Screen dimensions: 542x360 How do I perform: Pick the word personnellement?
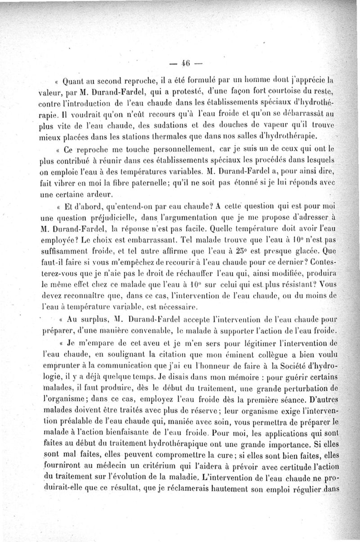tap(168, 148)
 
